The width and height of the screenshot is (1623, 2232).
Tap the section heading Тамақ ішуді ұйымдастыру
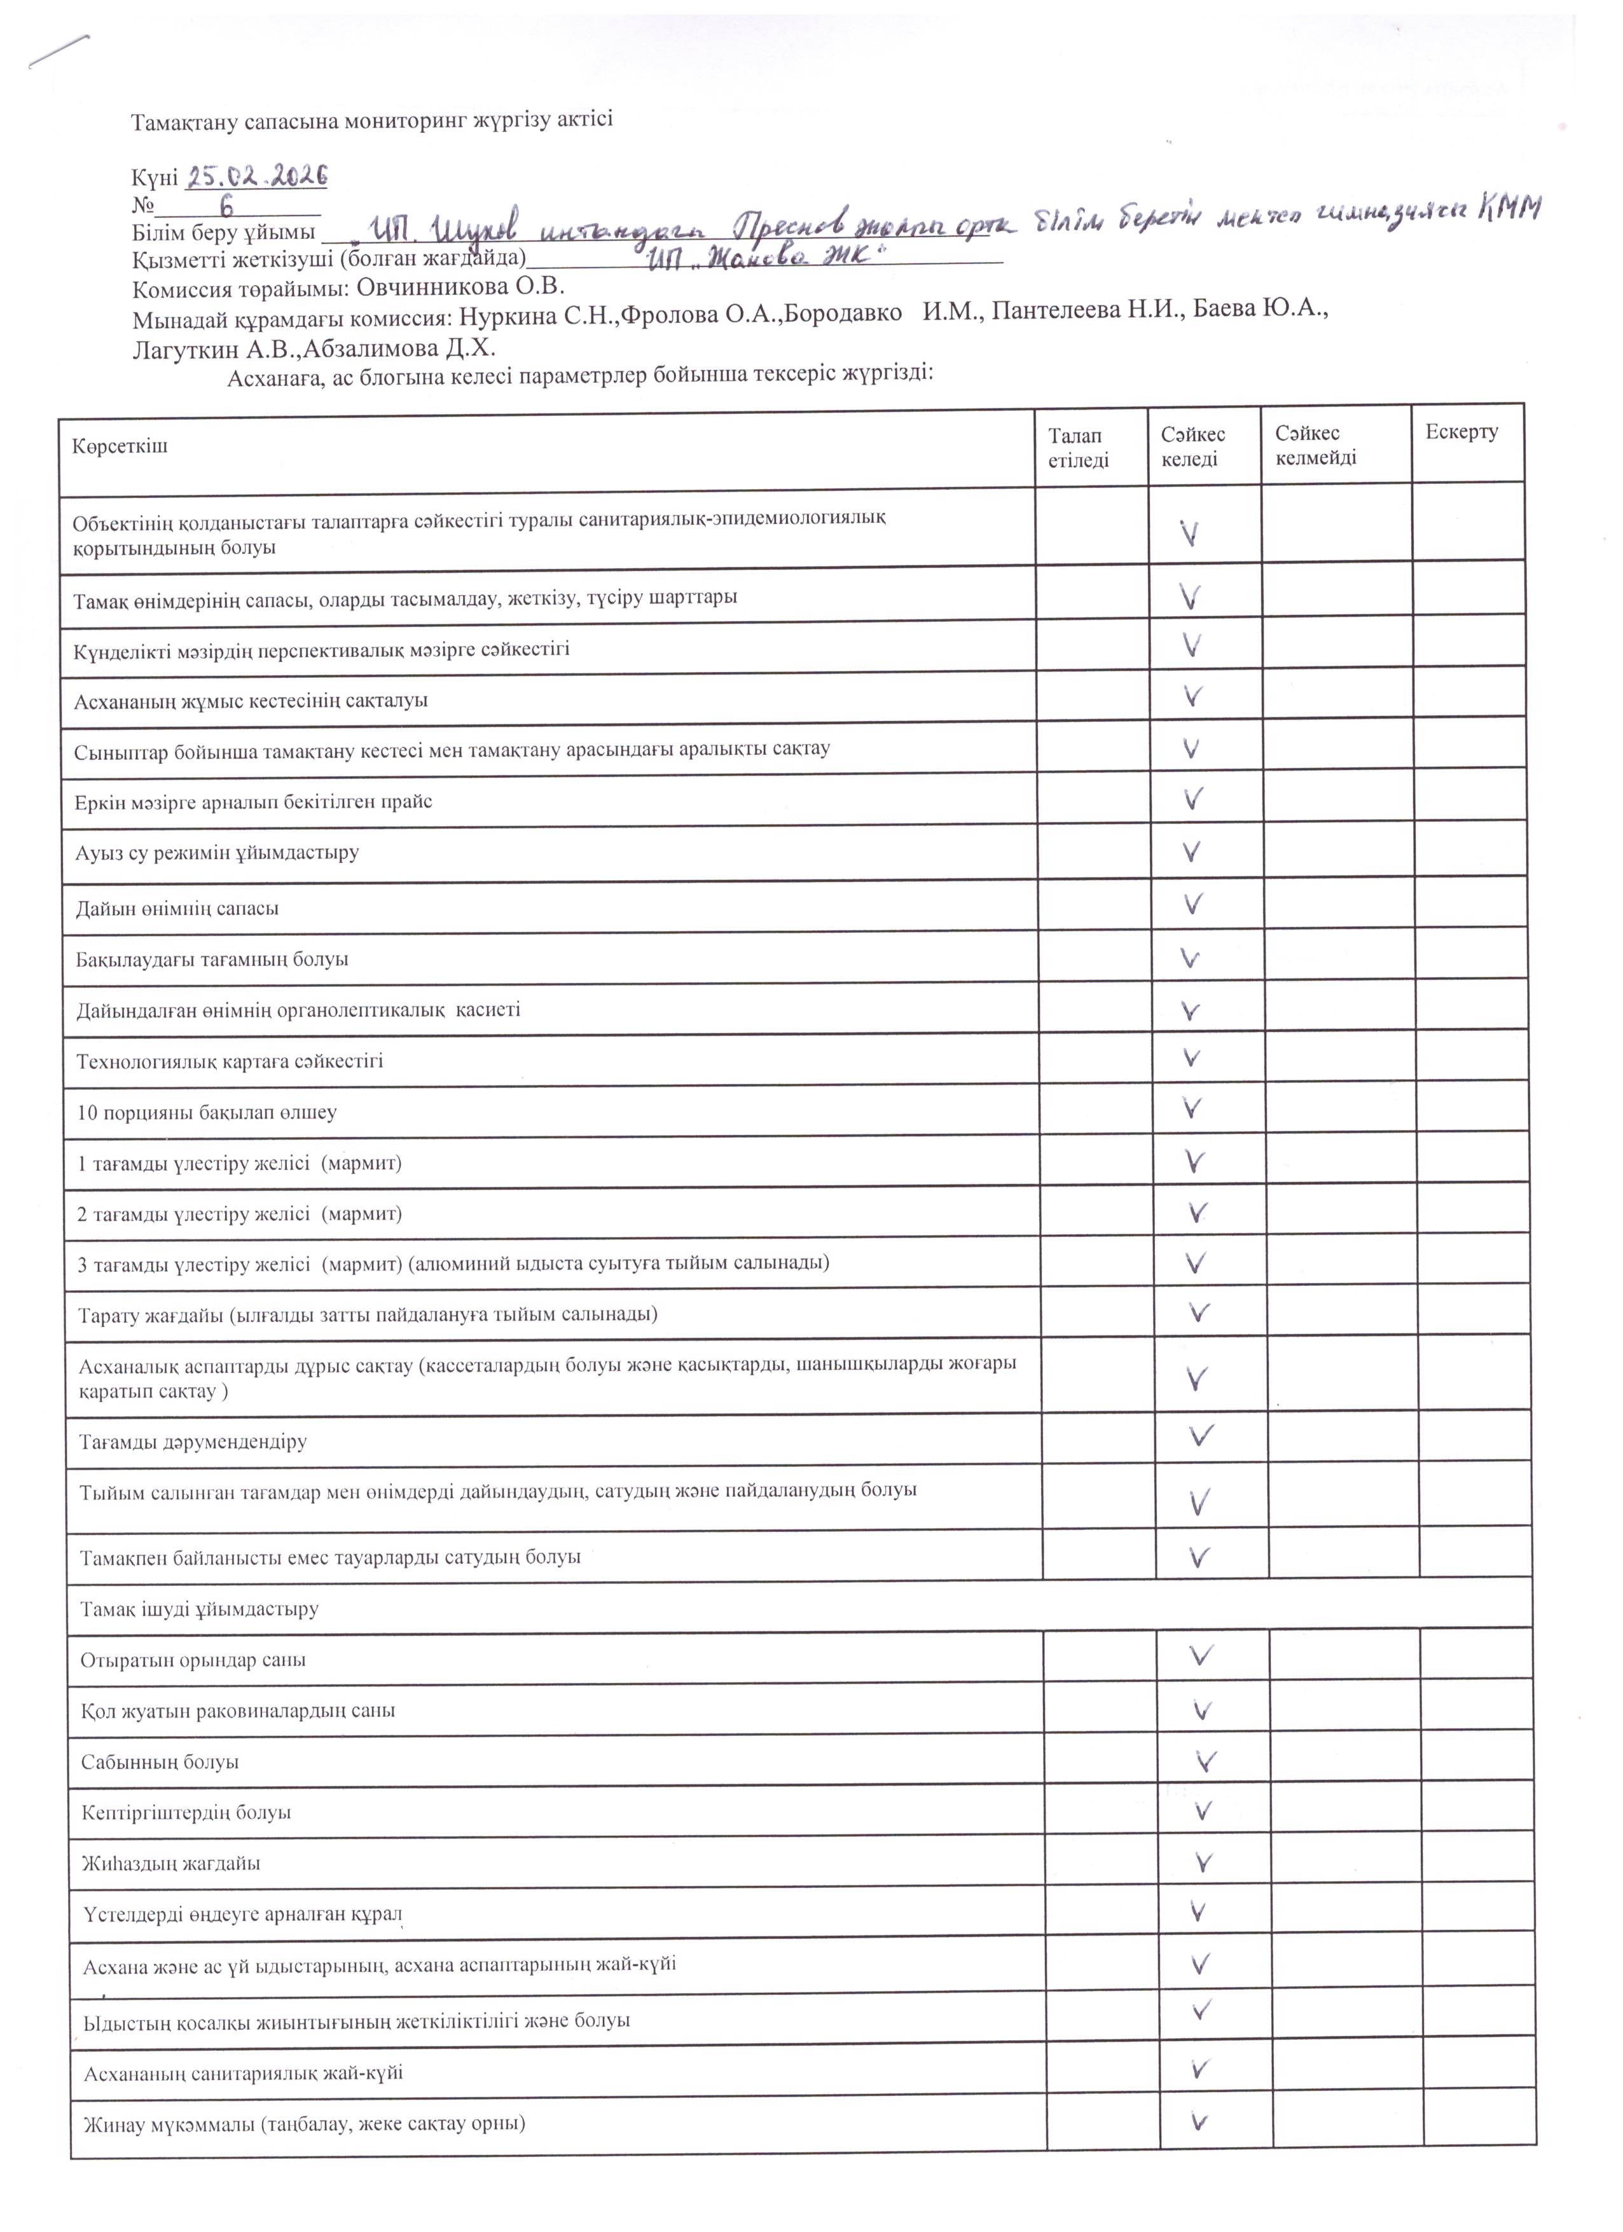(199, 1609)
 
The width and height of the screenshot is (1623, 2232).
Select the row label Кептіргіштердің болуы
(185, 1812)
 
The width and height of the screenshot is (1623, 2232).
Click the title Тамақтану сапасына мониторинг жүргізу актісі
(372, 120)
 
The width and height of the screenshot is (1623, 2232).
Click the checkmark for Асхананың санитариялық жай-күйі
(1199, 2068)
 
